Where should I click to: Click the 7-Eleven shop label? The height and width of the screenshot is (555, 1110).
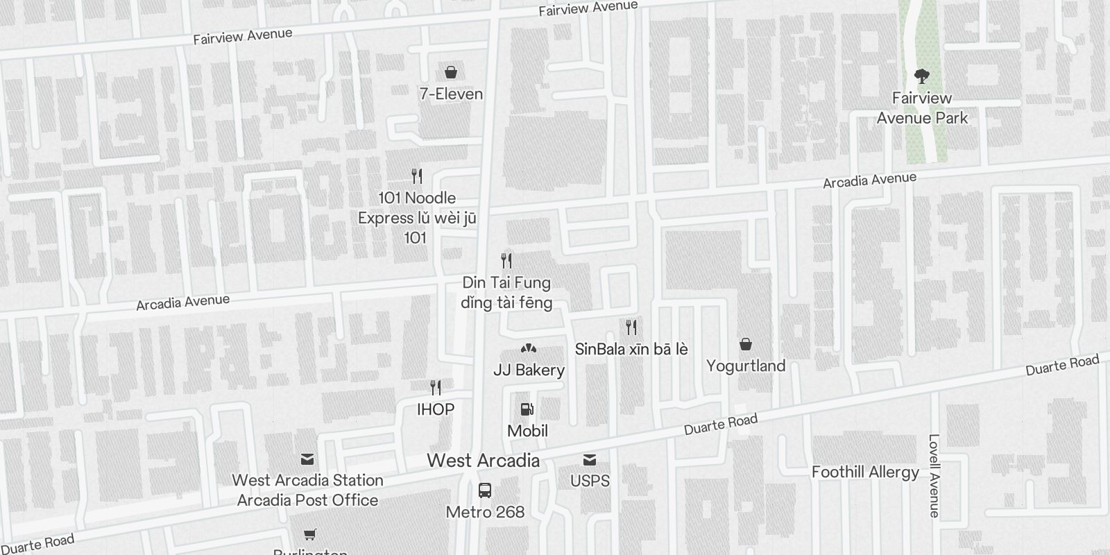[451, 94]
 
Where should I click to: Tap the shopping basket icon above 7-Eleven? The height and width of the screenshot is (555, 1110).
[451, 72]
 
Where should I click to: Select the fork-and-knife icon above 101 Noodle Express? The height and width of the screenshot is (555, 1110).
[417, 176]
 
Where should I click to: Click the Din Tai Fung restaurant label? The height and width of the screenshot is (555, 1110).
[506, 292]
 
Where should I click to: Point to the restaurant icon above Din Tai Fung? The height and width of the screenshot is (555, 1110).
[507, 261]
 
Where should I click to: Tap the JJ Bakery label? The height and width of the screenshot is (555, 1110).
[529, 370]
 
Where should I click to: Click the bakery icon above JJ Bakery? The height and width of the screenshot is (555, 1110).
[529, 348]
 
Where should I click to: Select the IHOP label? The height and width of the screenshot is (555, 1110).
[436, 409]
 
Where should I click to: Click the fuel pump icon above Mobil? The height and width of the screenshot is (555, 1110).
[527, 410]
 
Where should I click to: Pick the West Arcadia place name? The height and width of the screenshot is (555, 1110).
[483, 460]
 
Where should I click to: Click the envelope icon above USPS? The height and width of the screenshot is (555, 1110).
[590, 460]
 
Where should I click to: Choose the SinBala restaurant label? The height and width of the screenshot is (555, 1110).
[631, 349]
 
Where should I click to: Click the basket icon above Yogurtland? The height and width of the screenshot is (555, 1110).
[746, 344]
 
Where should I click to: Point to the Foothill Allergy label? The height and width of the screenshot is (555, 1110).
[865, 472]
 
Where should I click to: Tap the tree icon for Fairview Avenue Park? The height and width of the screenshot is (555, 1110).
[922, 76]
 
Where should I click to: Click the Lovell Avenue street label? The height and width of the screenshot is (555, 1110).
[934, 476]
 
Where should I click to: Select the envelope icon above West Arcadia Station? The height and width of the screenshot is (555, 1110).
[307, 459]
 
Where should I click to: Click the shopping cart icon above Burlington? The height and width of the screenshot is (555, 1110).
[310, 534]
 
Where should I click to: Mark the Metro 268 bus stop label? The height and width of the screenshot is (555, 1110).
[485, 512]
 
